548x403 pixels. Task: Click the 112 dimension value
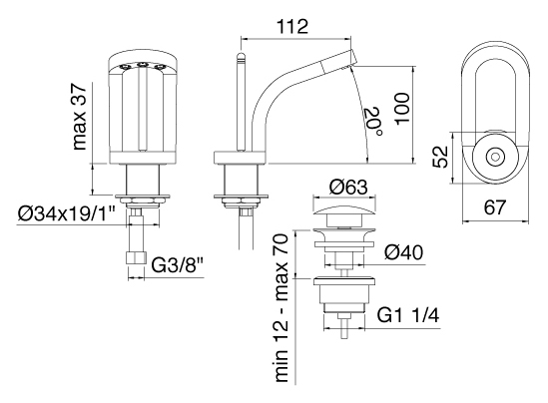coord(292,27)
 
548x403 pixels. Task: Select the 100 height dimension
coord(402,108)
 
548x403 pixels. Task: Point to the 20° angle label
coord(373,122)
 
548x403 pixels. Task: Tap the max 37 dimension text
coord(79,117)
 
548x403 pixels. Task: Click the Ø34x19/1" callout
coord(66,213)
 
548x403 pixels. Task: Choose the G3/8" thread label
coord(177,266)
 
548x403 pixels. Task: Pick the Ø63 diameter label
coord(348,187)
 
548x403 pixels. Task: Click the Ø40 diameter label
coord(403,252)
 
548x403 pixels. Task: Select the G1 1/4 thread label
coord(408,316)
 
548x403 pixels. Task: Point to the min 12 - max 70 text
coord(281,307)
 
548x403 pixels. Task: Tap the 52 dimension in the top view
coord(440,157)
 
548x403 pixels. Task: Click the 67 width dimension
coord(495,207)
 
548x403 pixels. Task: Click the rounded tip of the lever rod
coord(242,55)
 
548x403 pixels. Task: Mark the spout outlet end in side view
coord(352,58)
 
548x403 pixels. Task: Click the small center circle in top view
coord(495,157)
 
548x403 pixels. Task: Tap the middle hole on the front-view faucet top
coord(142,65)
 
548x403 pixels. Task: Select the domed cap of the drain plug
coord(345,210)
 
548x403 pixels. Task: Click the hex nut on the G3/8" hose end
coord(136,259)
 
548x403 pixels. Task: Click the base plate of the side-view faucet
coord(240,158)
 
